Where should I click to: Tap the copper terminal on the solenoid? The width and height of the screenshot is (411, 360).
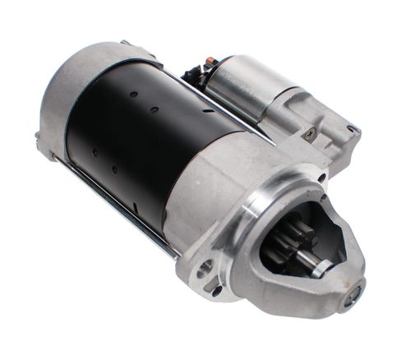[x=210, y=62]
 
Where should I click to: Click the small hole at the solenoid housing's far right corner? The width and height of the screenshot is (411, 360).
[x=352, y=129]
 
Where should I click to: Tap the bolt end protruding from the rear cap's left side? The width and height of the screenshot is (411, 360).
[x=39, y=141]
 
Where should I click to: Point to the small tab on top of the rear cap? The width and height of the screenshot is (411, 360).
[x=125, y=42]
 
